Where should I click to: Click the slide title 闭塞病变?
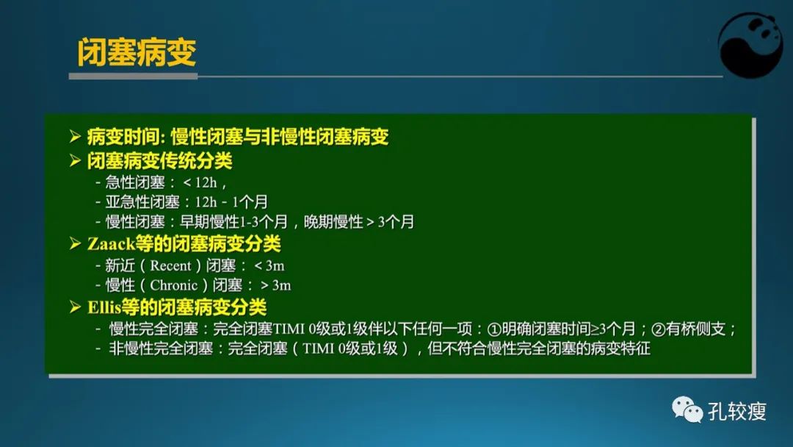[x=137, y=52]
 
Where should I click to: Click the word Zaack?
[x=108, y=243]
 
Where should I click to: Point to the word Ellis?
[x=104, y=307]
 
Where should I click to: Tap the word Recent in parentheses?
[x=170, y=265]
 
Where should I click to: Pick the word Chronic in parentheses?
[x=174, y=285]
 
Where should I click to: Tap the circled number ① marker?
[x=493, y=329]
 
